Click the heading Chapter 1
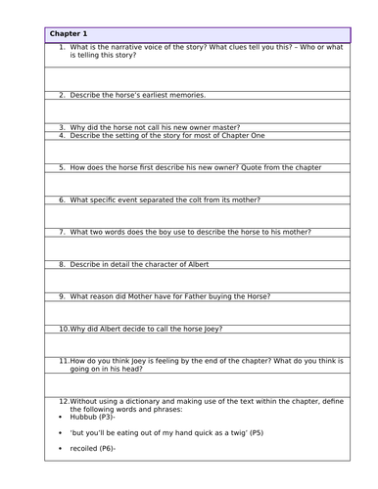(71, 34)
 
